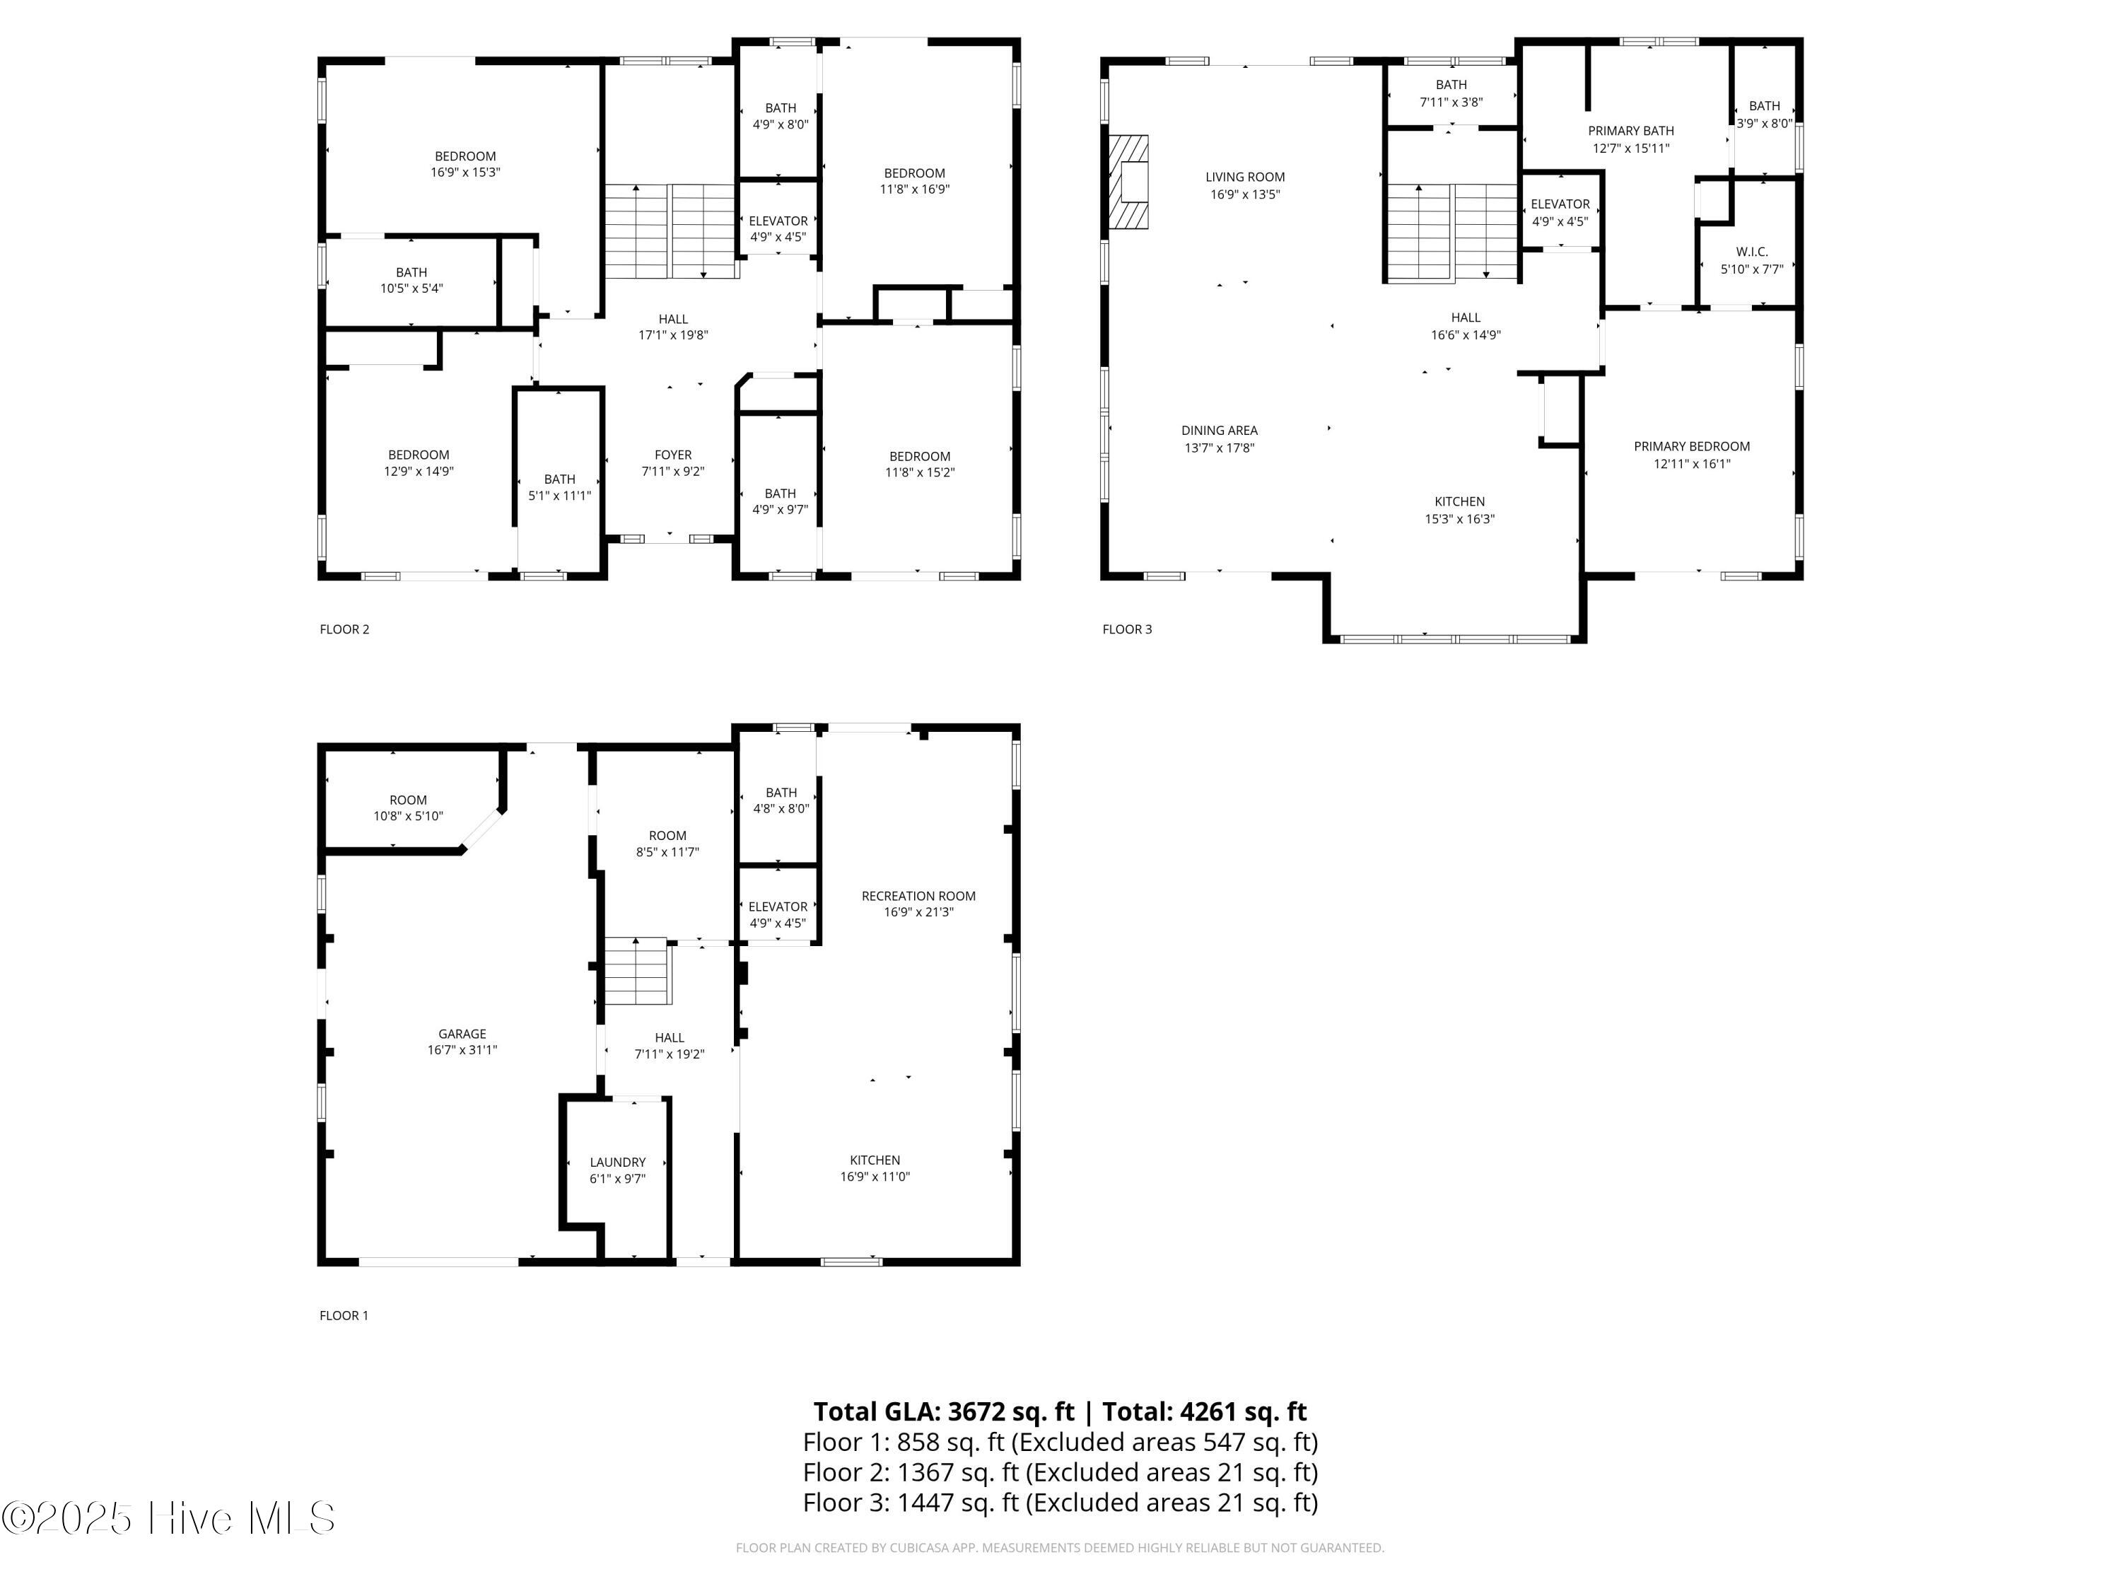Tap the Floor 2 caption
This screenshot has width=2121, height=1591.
tap(344, 629)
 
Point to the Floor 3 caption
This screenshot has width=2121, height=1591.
tap(1127, 629)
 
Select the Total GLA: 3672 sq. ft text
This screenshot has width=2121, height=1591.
tap(944, 1411)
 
